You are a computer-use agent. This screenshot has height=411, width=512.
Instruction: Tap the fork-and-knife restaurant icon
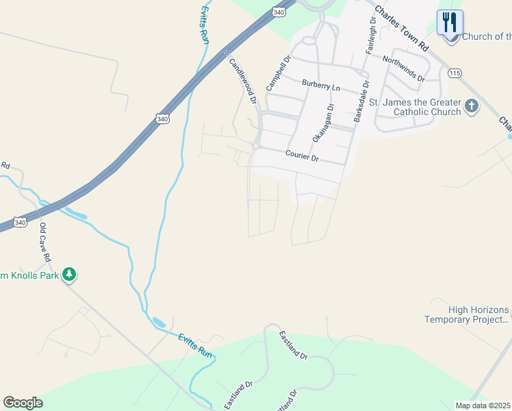(x=450, y=23)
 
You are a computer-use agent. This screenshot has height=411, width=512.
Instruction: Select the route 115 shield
(x=455, y=73)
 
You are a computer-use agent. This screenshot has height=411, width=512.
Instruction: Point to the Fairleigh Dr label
(x=372, y=37)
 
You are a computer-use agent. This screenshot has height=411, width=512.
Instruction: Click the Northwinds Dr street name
(x=403, y=69)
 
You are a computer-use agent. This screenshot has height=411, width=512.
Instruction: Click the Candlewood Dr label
(x=242, y=80)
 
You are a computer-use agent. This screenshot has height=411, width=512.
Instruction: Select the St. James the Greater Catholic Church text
(x=415, y=107)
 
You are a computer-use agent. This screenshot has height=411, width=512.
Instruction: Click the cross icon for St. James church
(x=471, y=106)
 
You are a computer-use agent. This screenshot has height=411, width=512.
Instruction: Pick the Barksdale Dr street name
(x=361, y=102)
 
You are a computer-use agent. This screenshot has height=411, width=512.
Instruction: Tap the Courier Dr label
(x=302, y=157)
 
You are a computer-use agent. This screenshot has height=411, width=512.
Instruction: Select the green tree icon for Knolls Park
(x=68, y=275)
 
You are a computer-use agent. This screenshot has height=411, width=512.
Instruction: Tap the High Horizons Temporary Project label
(x=468, y=314)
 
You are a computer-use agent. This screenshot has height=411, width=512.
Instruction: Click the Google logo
(x=23, y=403)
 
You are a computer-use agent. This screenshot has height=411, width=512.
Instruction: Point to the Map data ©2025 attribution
(x=483, y=406)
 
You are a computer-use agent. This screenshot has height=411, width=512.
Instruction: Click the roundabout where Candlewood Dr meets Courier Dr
(x=255, y=145)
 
